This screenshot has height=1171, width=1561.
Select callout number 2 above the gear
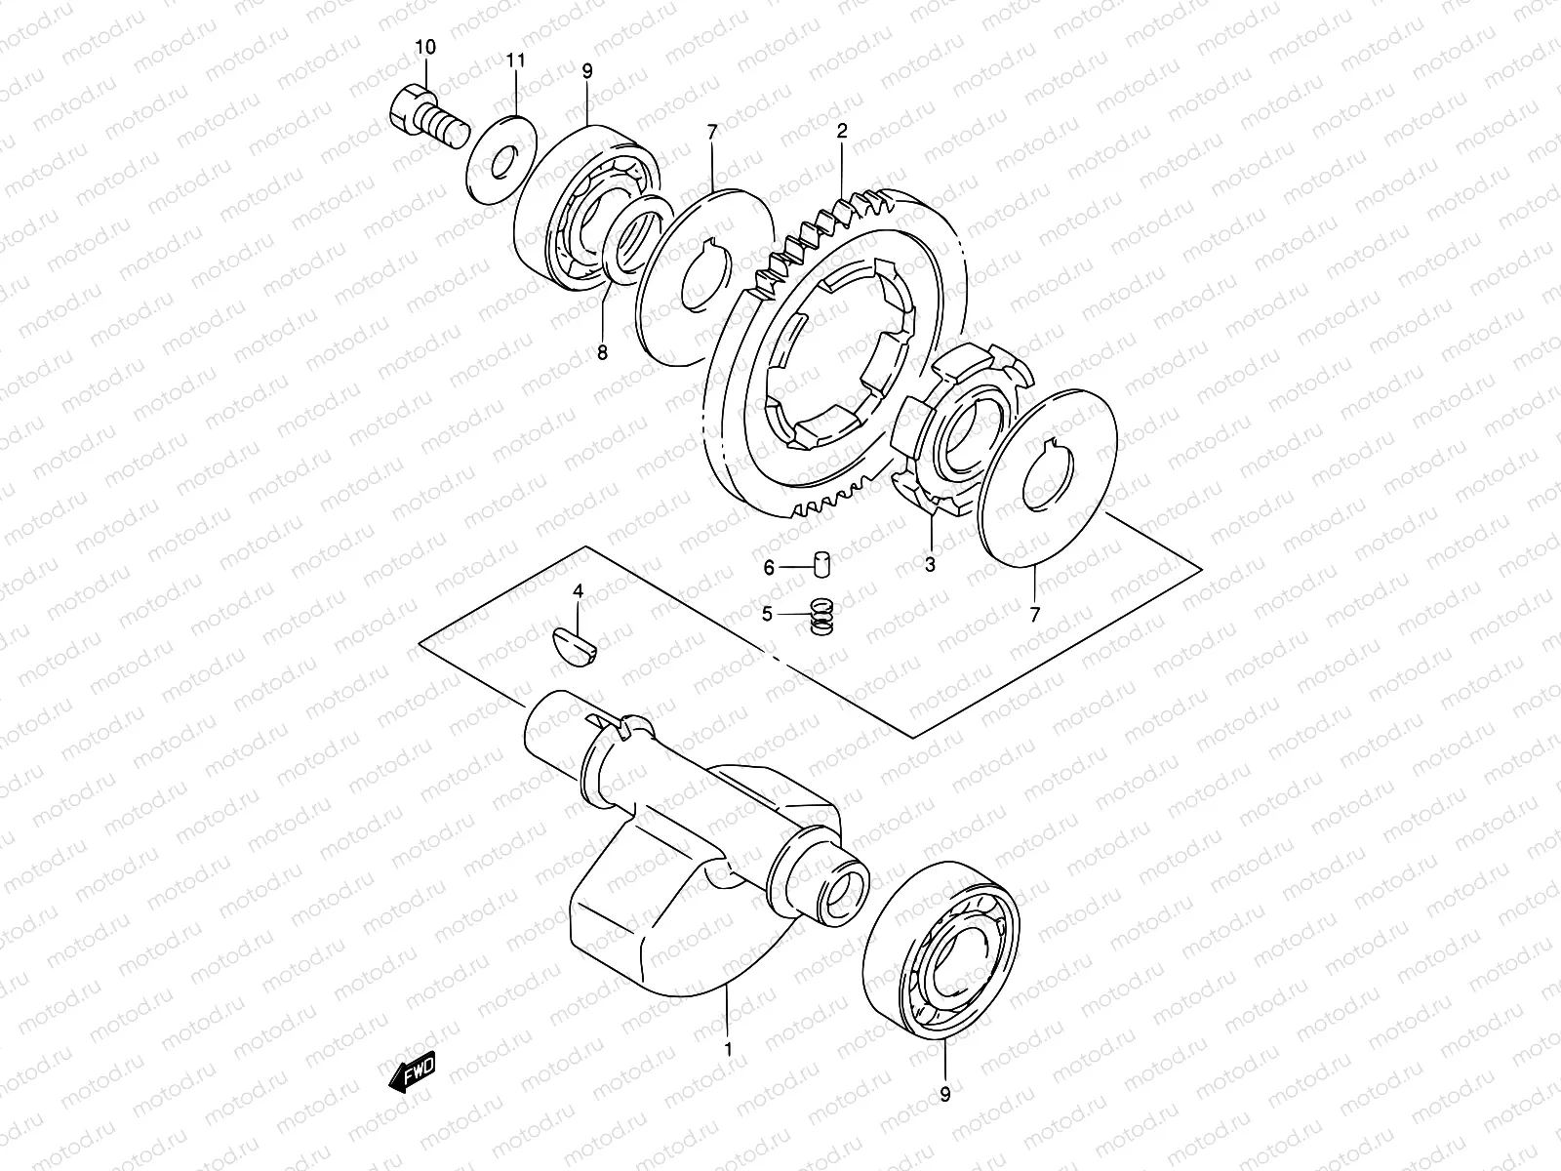click(x=842, y=131)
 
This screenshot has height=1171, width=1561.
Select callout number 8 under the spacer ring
click(x=602, y=352)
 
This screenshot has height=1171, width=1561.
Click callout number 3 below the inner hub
click(x=930, y=564)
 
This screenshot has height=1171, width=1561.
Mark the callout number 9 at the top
click(x=587, y=71)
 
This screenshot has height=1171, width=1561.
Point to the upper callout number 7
click(x=712, y=131)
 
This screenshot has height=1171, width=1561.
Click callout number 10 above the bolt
click(x=426, y=47)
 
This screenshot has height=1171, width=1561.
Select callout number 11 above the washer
click(x=515, y=61)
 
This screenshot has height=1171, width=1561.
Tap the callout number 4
click(x=578, y=591)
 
